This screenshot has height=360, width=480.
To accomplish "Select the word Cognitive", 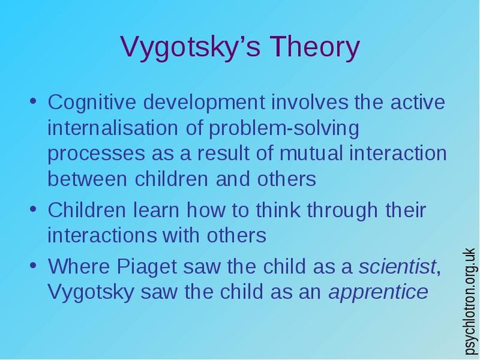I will coord(93,103).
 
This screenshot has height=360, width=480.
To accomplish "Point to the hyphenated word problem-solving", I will coord(284,128).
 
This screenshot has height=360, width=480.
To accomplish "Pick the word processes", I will coord(95,154).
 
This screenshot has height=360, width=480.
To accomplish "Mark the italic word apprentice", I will coord(378,292).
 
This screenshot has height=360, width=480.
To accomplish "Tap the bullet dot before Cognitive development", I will coord(34,103).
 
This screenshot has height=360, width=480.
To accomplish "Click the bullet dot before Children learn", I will coord(34,211).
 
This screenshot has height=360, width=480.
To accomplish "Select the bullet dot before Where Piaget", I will coord(34,267).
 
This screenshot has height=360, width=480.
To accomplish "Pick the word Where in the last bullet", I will coord(81,267).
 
